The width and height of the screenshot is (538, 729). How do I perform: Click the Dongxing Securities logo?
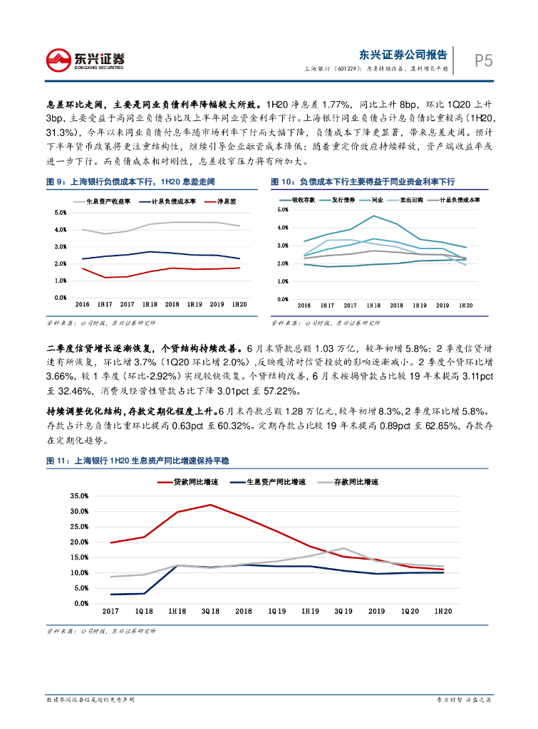point(85,60)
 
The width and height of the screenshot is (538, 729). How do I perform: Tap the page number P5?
point(483,61)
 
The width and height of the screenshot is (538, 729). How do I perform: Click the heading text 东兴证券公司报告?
point(403,55)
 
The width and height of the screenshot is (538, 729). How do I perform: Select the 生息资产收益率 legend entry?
point(107,201)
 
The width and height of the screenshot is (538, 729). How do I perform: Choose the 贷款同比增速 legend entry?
point(192,482)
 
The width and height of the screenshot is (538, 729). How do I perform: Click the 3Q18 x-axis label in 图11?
point(210,612)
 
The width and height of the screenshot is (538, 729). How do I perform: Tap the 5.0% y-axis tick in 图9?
point(61,213)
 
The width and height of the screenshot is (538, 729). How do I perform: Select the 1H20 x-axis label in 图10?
point(466,305)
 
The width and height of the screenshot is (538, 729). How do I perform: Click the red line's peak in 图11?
point(210,505)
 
